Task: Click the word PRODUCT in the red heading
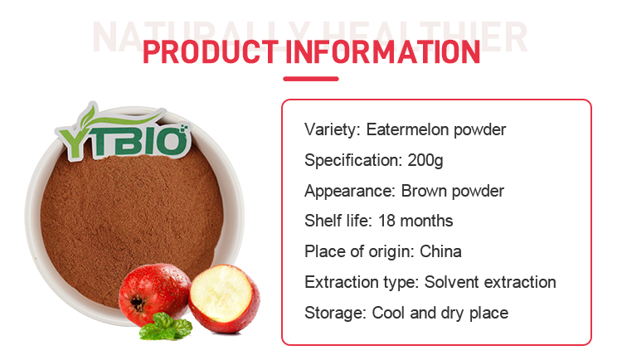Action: pos(211,52)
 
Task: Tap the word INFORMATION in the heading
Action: pos(383,52)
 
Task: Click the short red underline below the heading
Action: pos(311,79)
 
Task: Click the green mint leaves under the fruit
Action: pos(166,327)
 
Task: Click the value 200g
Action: pos(425,161)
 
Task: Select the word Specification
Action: pos(352,161)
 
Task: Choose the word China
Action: pos(440,251)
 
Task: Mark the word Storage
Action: pos(334,314)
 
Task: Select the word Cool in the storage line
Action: pos(388,314)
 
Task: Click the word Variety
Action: pos(331,130)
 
